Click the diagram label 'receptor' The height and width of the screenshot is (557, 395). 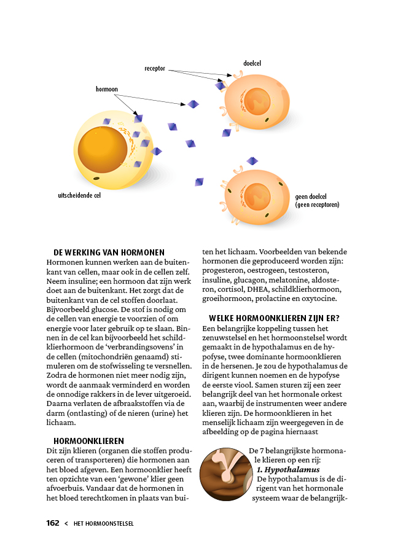pos(155,69)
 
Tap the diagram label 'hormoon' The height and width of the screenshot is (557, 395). pos(106,89)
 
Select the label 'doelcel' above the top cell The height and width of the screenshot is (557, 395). pos(253,63)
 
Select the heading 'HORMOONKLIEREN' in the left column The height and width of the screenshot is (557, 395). pos(88,441)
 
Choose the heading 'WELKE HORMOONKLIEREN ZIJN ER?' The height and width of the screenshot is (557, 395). pos(274,318)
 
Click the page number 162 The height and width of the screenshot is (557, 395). pos(53,523)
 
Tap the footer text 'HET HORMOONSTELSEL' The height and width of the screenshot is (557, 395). pos(103,524)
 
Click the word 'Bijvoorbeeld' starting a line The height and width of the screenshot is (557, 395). pos(66,309)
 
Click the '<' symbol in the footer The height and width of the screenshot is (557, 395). pos(66,524)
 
